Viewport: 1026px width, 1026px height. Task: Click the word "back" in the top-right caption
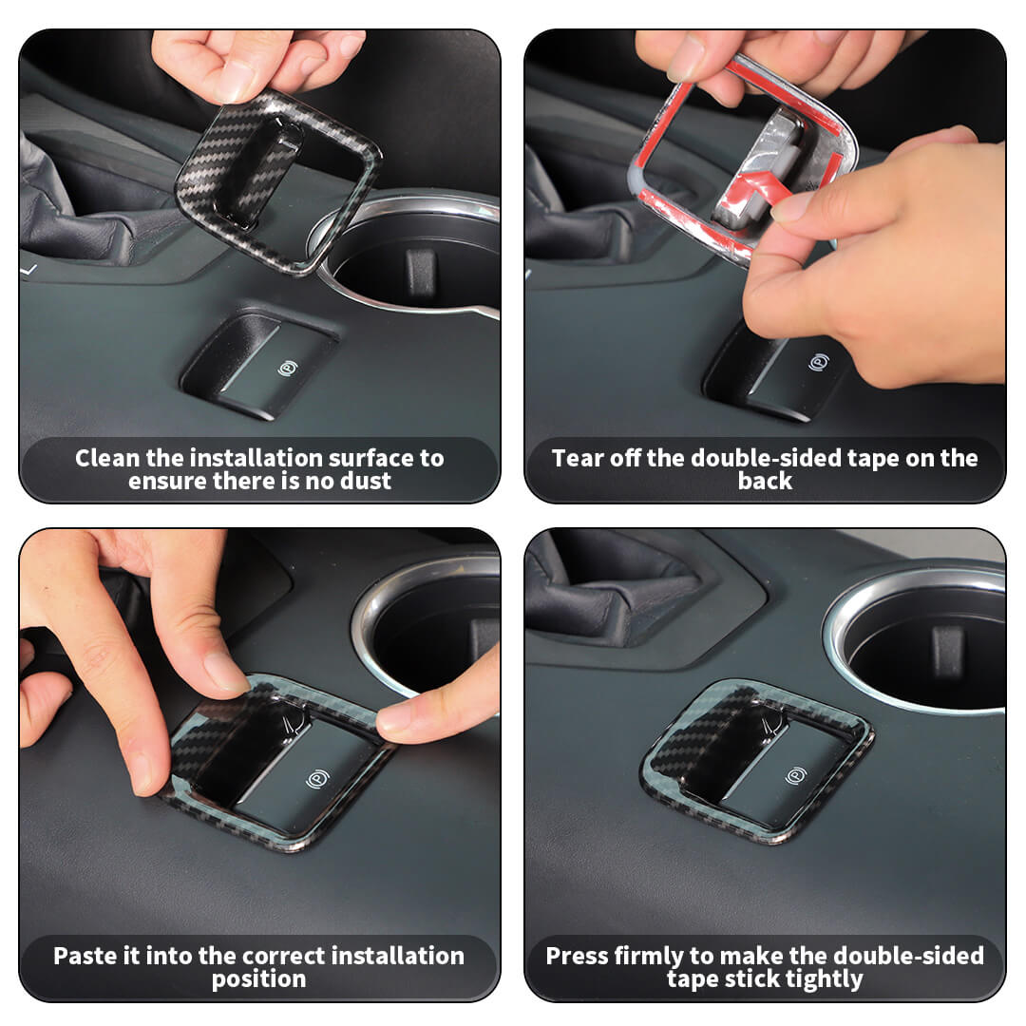[765, 481]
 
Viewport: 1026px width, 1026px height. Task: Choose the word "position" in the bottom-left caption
[259, 979]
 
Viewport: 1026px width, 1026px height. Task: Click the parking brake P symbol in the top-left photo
[288, 369]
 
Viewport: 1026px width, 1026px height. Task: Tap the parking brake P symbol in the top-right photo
[819, 362]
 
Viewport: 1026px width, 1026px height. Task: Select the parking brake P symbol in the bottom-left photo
[317, 778]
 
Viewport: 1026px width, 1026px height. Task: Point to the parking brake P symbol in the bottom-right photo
[796, 776]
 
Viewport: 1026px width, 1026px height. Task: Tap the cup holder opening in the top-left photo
[419, 262]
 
